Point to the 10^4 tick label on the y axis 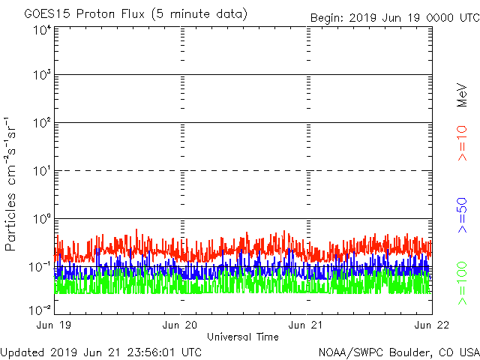(40, 31)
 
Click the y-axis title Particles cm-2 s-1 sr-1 (13, 183)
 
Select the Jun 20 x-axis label (181, 325)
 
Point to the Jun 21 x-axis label (307, 325)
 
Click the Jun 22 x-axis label (430, 325)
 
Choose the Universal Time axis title (243, 337)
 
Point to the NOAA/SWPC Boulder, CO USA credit (397, 352)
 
